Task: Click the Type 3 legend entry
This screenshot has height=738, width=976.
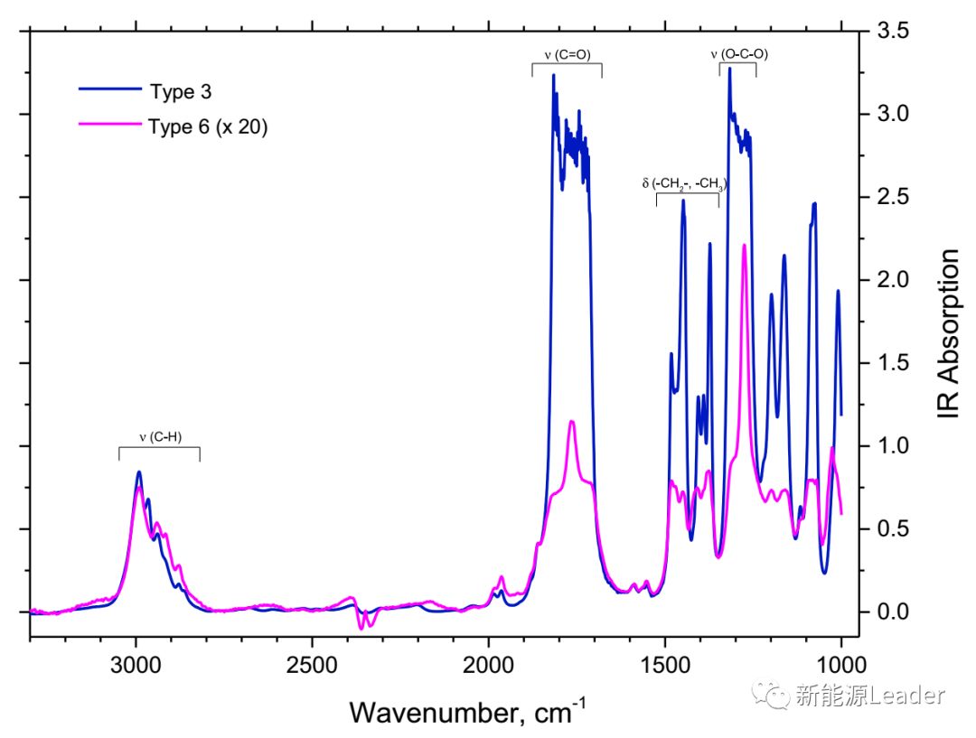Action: tap(180, 89)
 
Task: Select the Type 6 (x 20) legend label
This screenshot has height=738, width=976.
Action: tap(208, 126)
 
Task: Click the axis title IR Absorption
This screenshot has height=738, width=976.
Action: tap(949, 334)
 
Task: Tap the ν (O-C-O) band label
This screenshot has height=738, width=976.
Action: tap(739, 54)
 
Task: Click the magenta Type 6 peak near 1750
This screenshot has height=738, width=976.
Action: tap(572, 422)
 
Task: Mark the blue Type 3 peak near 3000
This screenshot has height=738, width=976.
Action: tap(139, 472)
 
